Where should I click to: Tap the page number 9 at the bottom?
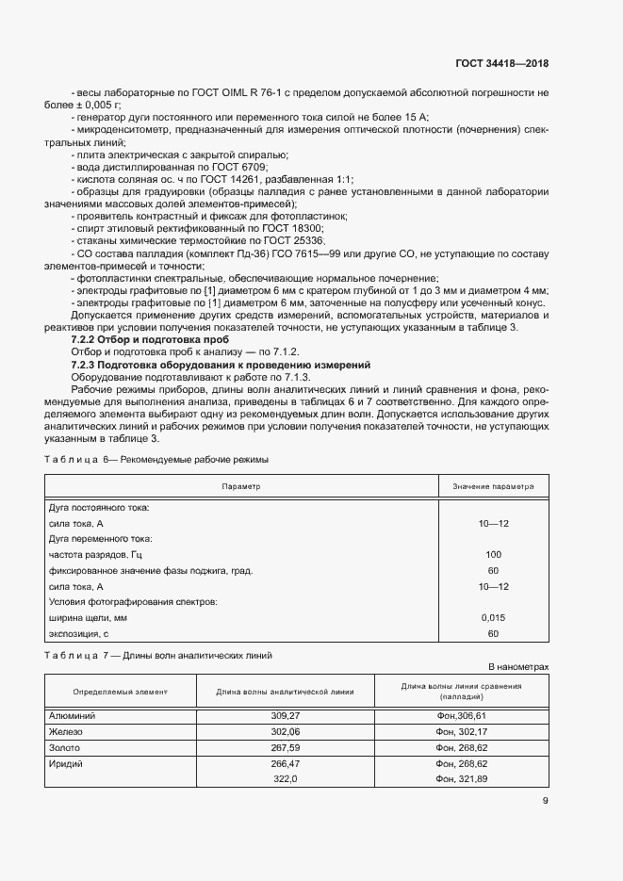click(x=545, y=802)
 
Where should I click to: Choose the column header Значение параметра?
click(x=493, y=487)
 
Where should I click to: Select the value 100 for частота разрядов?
click(x=493, y=554)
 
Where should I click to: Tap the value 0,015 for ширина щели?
click(x=493, y=617)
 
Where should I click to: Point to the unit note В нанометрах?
click(x=517, y=666)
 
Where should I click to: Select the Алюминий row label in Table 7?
click(x=71, y=716)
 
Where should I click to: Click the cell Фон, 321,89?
click(x=462, y=779)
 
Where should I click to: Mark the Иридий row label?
click(x=66, y=763)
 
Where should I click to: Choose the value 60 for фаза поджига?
click(x=493, y=570)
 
